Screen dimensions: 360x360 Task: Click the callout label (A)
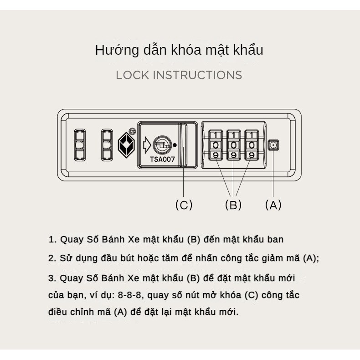(x=273, y=205)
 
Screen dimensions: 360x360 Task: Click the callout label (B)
(x=233, y=205)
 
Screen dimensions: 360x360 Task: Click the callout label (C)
(x=184, y=205)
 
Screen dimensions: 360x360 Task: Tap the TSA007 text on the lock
(x=162, y=159)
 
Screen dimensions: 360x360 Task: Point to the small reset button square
(x=273, y=145)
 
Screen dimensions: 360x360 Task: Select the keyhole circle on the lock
(x=162, y=144)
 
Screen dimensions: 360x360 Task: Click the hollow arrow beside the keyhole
(x=147, y=145)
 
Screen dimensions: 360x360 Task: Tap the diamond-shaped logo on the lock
(x=126, y=145)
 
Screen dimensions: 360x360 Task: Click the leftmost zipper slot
(x=80, y=145)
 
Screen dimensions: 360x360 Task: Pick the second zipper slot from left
(x=107, y=145)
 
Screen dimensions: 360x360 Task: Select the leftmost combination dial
(x=216, y=145)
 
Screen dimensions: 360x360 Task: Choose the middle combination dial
(x=233, y=145)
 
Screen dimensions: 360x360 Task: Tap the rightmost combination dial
(x=252, y=145)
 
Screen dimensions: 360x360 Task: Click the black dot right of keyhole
(x=175, y=145)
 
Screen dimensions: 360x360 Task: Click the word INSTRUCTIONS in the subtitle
(x=197, y=75)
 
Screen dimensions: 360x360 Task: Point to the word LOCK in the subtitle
(x=133, y=75)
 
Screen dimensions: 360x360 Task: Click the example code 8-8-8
(x=129, y=295)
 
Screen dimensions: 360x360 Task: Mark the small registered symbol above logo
(x=132, y=131)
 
